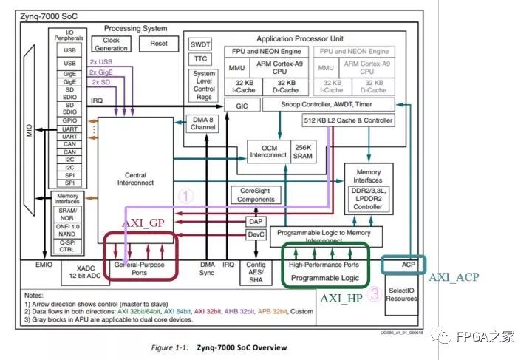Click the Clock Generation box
pyautogui.click(x=111, y=45)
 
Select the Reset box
pyautogui.click(x=158, y=44)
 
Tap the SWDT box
pyautogui.click(x=201, y=44)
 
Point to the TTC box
pyautogui.click(x=201, y=58)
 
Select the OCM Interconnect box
pyautogui.click(x=267, y=151)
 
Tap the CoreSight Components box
pyautogui.click(x=256, y=195)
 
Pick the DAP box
pyautogui.click(x=255, y=221)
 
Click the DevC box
pyautogui.click(x=255, y=235)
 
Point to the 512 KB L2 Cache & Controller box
pyautogui.click(x=348, y=120)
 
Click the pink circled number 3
pyautogui.click(x=375, y=294)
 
